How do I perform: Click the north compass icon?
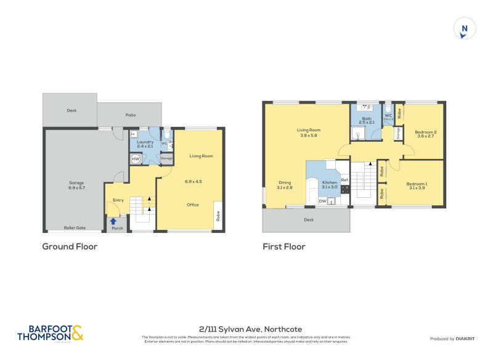(465, 29)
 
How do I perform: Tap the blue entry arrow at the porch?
(113, 221)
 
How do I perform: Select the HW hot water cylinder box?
(136, 159)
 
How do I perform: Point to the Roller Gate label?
(75, 228)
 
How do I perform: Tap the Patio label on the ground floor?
(131, 115)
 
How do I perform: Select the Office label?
(193, 205)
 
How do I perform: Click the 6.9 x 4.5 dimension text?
(194, 181)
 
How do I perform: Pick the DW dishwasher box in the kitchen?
(322, 201)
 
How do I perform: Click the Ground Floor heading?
(70, 247)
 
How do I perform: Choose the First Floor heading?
(284, 247)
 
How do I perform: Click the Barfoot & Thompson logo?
(50, 333)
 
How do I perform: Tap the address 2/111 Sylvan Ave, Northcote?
(250, 329)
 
